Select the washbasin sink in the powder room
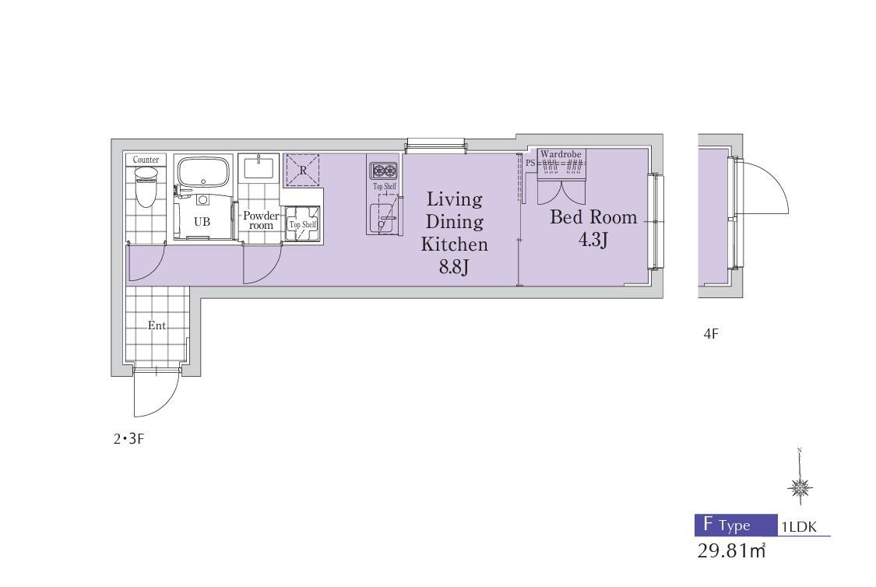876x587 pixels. (259, 167)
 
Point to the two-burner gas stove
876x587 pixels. (383, 170)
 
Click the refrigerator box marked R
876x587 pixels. (302, 170)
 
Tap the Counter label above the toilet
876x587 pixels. (146, 160)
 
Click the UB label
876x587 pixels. (202, 222)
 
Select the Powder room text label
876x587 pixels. (261, 220)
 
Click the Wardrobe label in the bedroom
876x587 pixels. (561, 154)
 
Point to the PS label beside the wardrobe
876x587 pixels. (530, 163)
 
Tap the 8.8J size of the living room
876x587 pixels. (453, 267)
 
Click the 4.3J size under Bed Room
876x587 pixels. (593, 240)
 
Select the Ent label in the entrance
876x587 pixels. (157, 325)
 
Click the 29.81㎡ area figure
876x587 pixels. (730, 550)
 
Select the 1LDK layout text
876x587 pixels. (798, 526)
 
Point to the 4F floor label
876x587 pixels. (711, 334)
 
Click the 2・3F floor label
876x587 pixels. (129, 439)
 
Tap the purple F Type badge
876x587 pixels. (736, 525)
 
